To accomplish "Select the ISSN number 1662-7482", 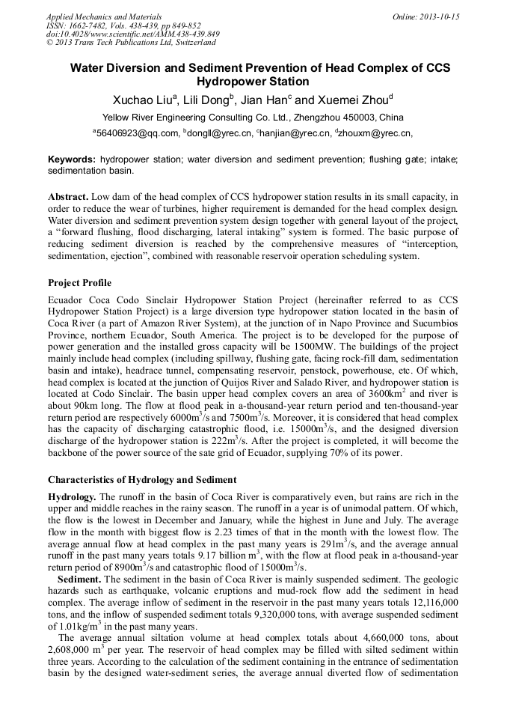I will click(92, 25).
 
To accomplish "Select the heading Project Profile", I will click(80, 283).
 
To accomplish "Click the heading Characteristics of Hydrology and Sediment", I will click(142, 479).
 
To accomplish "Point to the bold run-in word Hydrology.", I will click(73, 496).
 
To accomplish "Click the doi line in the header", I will click(133, 34).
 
